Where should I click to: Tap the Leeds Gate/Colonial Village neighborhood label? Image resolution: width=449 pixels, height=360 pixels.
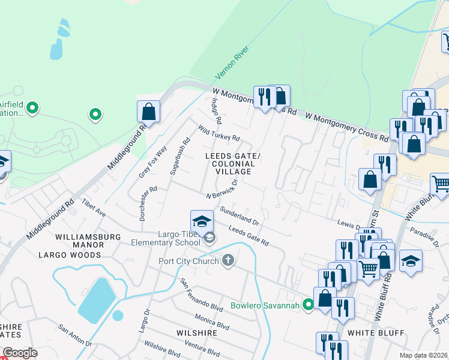[233, 164]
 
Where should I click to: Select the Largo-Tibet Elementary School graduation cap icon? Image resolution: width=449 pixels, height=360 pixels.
[202, 220]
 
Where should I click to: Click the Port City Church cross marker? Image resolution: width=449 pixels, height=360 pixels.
[228, 260]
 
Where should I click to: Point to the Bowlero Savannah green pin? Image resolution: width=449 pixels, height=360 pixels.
[308, 305]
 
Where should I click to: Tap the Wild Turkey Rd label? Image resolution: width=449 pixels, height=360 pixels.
[218, 133]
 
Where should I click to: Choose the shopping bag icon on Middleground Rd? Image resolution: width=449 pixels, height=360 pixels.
[148, 112]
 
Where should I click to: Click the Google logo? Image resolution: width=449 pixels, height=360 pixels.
[20, 353]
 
